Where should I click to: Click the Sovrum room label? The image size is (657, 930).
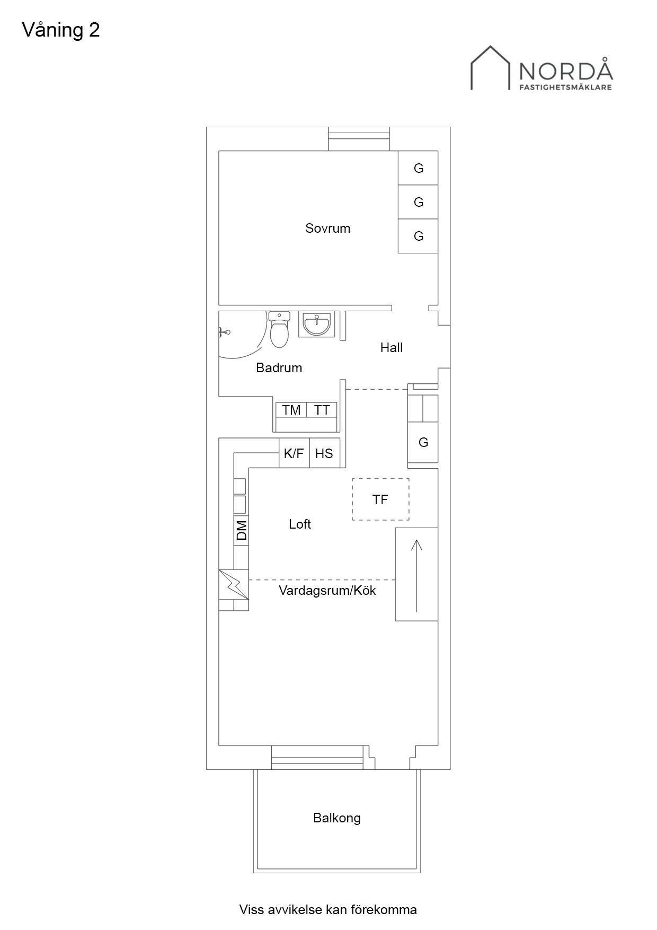click(327, 229)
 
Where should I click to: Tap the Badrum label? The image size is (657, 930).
click(279, 367)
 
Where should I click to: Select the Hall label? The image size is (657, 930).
click(392, 347)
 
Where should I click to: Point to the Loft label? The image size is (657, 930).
click(300, 524)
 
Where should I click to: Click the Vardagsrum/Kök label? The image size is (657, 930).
click(327, 590)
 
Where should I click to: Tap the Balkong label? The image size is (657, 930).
click(337, 818)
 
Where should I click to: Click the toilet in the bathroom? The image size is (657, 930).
click(279, 329)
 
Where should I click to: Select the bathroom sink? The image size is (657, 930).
click(316, 324)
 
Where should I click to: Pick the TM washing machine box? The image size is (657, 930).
click(291, 410)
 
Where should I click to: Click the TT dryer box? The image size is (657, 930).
click(322, 410)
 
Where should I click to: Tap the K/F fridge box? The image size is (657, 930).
click(294, 453)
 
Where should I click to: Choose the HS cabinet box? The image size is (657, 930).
click(324, 453)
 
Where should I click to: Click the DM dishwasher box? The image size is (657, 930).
click(241, 530)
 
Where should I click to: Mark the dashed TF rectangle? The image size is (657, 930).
click(380, 499)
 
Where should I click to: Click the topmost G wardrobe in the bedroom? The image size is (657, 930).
click(418, 168)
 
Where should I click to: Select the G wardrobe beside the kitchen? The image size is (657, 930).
click(423, 442)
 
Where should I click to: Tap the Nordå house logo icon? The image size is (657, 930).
click(491, 67)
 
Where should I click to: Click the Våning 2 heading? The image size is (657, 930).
click(61, 30)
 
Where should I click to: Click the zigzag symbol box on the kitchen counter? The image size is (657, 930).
click(234, 584)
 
